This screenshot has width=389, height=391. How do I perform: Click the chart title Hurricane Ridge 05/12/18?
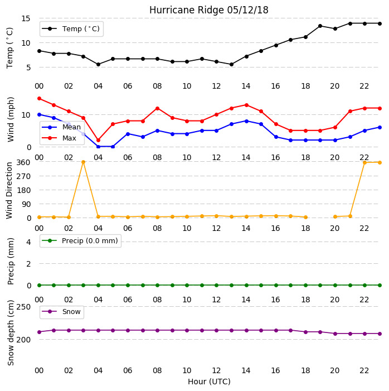pos(209,10)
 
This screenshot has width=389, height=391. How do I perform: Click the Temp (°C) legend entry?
pos(71,29)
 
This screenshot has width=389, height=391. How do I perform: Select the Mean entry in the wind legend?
pos(61,127)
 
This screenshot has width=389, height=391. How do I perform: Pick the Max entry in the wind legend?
pos(59,138)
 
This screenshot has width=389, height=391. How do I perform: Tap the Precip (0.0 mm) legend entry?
pos(80,240)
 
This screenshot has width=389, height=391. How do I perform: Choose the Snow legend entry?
pos(61,312)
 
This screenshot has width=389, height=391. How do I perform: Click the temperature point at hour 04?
pos(98,64)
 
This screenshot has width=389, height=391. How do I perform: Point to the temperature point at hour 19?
pos(320,26)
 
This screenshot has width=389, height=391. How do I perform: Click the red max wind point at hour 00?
pos(39,99)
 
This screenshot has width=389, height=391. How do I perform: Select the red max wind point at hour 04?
pos(98,140)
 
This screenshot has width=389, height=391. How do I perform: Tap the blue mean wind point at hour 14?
pos(246,121)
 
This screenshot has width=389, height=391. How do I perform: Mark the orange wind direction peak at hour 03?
pos(83,162)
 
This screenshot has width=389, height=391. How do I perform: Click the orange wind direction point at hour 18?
pos(306,217)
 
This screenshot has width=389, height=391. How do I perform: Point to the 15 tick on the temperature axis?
pos(26,18)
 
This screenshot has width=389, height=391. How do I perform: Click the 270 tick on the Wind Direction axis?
pos(23,176)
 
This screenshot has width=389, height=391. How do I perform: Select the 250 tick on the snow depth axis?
pos(23,307)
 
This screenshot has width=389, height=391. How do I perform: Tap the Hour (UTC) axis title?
pos(209,382)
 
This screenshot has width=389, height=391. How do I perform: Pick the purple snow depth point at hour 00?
pos(39,332)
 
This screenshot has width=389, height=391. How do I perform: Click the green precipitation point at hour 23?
pos(380,285)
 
